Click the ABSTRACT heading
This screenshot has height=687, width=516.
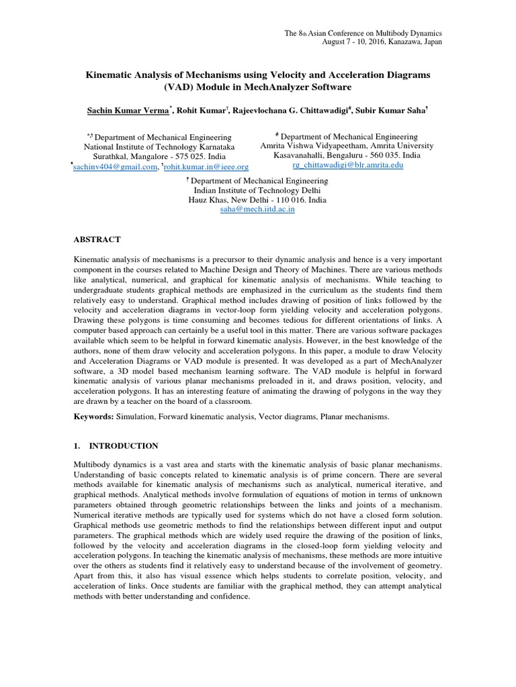pyautogui.click(x=97, y=240)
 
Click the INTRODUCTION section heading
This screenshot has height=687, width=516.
pyautogui.click(x=114, y=445)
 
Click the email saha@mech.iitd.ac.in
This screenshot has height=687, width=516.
pyautogui.click(x=257, y=209)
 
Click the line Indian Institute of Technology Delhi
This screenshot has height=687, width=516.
pyautogui.click(x=257, y=191)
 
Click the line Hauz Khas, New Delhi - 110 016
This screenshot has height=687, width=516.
pyautogui.click(x=247, y=200)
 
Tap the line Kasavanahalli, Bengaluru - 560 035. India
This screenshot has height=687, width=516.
pyautogui.click(x=347, y=155)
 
